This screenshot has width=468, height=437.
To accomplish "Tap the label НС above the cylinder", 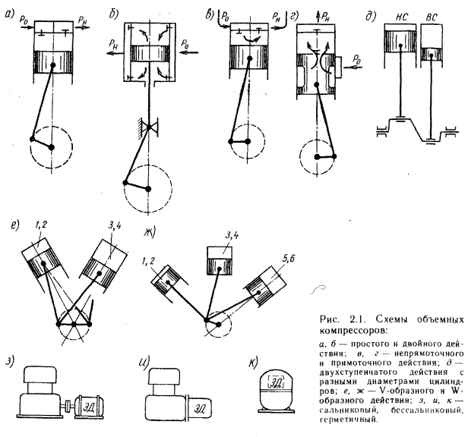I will point(394,13).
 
